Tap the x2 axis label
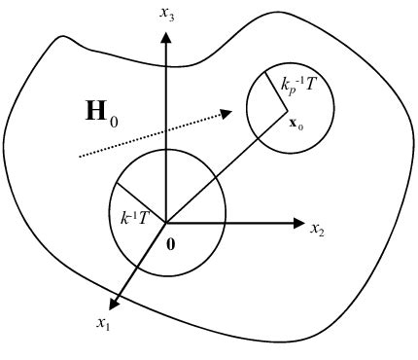(317, 229)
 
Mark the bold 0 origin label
(171, 242)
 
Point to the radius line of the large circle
(141, 202)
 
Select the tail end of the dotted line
(79, 156)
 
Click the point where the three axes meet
(166, 223)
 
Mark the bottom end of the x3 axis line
(166, 222)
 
